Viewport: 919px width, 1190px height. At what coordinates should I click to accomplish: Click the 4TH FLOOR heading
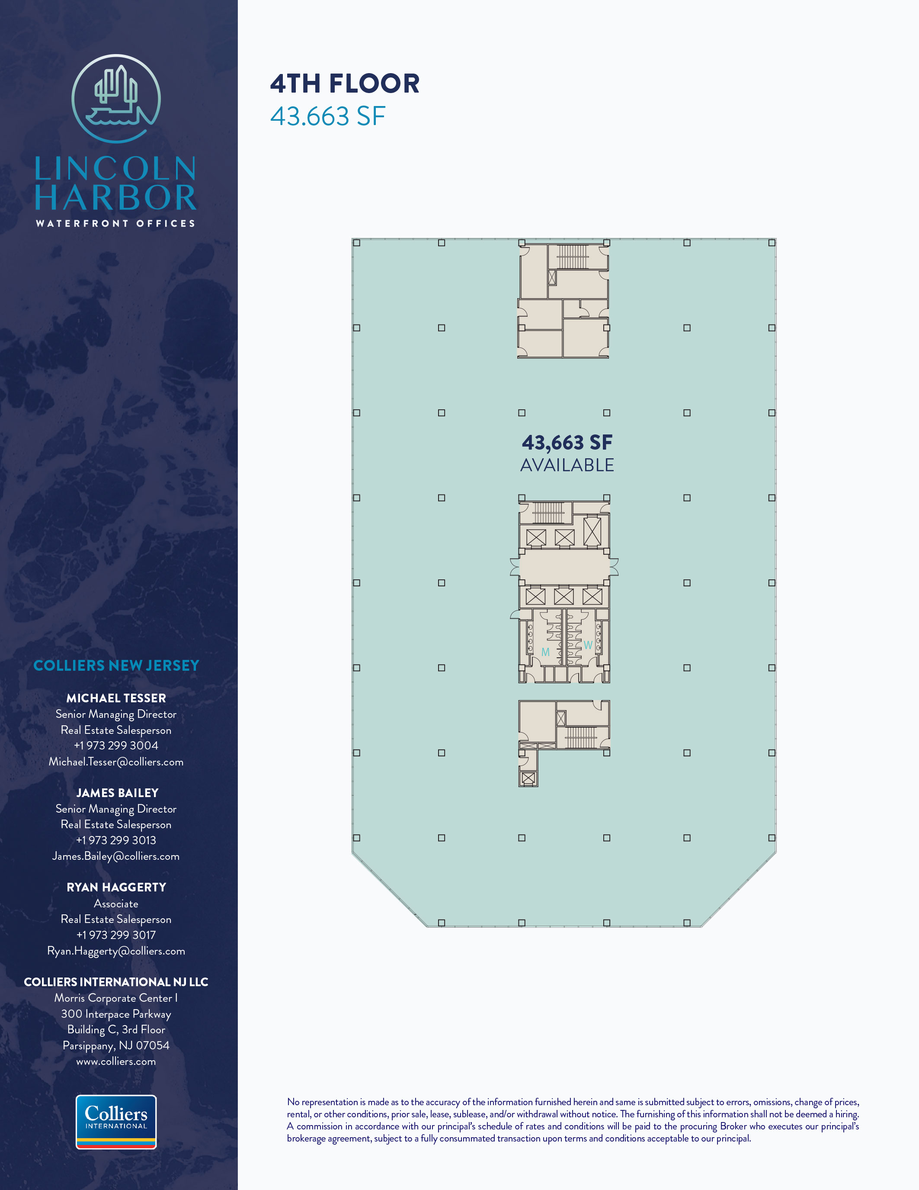click(345, 84)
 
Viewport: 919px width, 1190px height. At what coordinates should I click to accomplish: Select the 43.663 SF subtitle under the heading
click(328, 116)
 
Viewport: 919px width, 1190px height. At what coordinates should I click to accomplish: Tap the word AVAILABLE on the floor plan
click(567, 465)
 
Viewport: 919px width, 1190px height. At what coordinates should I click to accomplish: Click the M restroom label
click(545, 652)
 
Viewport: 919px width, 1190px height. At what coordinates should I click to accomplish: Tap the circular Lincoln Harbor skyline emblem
click(116, 99)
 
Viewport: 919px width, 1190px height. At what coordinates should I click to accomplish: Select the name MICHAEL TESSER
click(116, 698)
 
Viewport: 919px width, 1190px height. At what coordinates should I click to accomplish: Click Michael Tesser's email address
click(116, 762)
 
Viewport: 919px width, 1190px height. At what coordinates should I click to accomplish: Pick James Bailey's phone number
click(116, 840)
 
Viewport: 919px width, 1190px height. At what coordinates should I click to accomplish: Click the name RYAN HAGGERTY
click(116, 887)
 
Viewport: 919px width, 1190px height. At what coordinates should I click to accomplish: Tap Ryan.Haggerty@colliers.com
click(116, 951)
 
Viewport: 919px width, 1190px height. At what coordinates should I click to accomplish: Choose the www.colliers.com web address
click(116, 1061)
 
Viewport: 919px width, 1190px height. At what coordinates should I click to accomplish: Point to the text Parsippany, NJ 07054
click(116, 1045)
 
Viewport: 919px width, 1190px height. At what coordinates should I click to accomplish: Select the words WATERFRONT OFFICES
click(115, 223)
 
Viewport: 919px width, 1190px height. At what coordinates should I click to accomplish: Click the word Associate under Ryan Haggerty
click(116, 904)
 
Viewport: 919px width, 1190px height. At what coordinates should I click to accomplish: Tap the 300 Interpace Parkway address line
click(116, 1014)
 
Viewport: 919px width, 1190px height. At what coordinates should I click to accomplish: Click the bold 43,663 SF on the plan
click(567, 442)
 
